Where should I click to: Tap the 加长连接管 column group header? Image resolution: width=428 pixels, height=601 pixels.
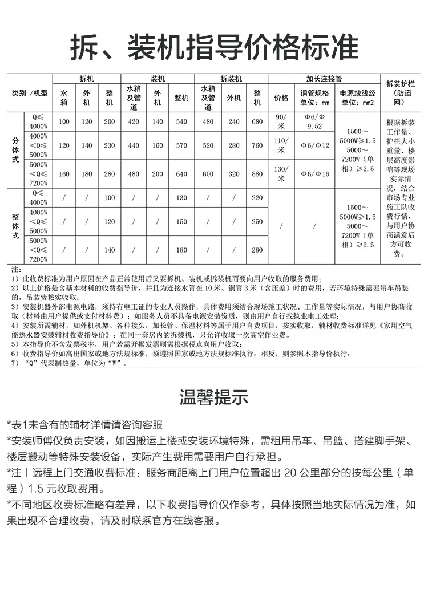[324, 78]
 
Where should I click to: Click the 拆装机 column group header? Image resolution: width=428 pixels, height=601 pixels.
[231, 78]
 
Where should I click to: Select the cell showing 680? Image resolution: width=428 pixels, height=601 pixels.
[257, 121]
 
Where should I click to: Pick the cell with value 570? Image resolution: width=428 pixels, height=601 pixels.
[181, 145]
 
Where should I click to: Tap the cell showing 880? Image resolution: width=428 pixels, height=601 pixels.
[257, 174]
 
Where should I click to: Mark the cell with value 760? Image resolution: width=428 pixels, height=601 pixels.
[257, 145]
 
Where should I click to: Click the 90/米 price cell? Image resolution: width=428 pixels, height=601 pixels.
[281, 121]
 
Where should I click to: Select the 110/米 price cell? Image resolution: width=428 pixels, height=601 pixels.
[281, 145]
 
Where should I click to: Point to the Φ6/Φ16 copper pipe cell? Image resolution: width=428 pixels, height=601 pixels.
[315, 174]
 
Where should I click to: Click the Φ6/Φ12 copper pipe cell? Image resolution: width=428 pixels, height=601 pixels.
[315, 145]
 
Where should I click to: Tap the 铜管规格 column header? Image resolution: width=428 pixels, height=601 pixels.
[315, 98]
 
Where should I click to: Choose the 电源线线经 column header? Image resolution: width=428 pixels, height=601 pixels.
[357, 98]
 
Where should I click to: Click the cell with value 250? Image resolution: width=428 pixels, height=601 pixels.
[257, 221]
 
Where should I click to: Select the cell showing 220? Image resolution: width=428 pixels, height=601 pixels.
[257, 197]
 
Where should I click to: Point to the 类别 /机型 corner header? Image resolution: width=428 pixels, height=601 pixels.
[30, 92]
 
